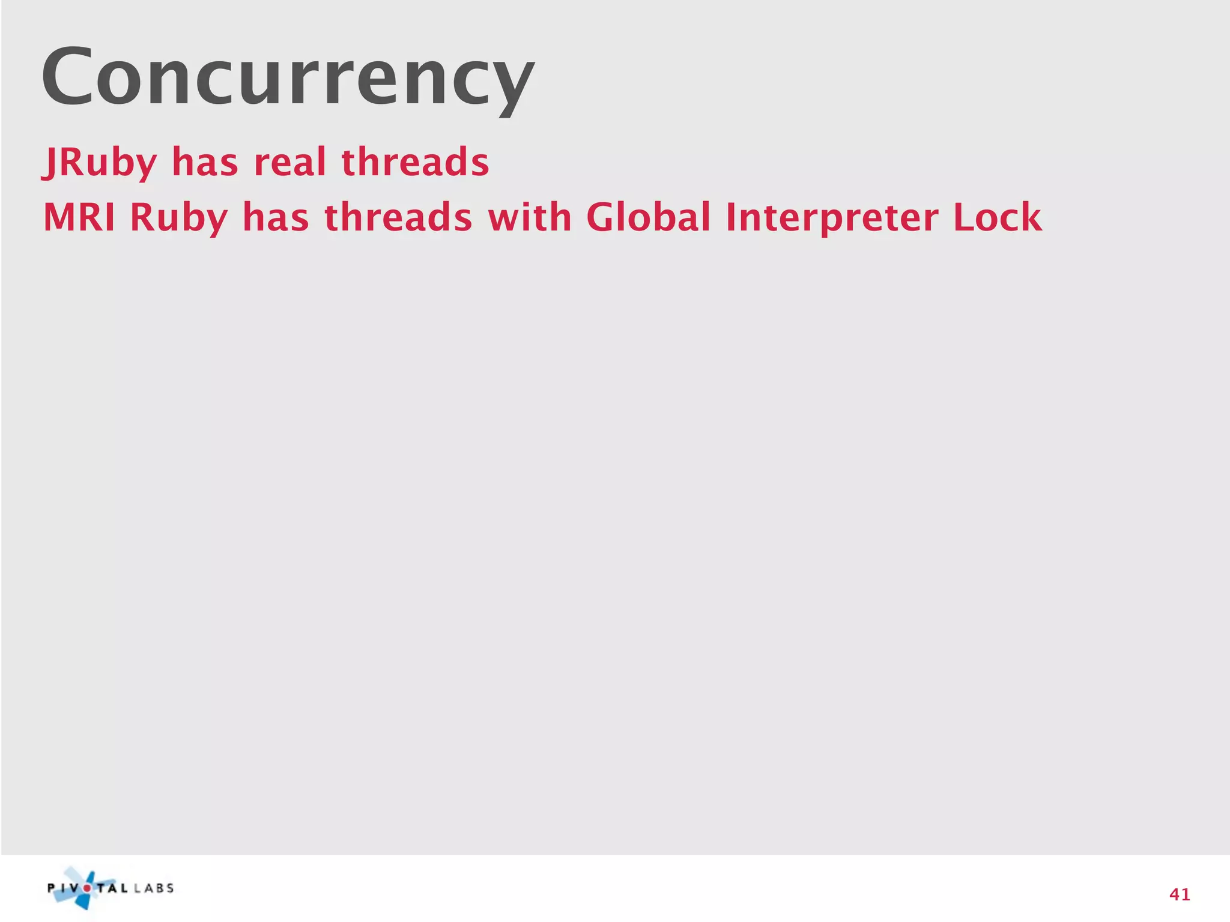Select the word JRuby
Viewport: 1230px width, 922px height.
pyautogui.click(x=100, y=163)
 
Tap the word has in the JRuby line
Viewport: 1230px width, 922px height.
pyautogui.click(x=205, y=163)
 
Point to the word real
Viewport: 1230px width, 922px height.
pyautogui.click(x=290, y=163)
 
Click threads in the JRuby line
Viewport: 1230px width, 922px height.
pyautogui.click(x=415, y=163)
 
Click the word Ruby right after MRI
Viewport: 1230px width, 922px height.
pyautogui.click(x=179, y=218)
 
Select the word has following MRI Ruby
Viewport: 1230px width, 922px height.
pyautogui.click(x=276, y=217)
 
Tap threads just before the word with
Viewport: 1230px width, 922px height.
pyautogui.click(x=398, y=217)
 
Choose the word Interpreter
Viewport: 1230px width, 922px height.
pyautogui.click(x=832, y=218)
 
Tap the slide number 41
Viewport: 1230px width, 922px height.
pyautogui.click(x=1180, y=895)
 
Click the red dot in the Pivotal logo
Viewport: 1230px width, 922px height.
pyautogui.click(x=88, y=888)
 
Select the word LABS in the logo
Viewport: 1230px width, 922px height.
pyautogui.click(x=154, y=888)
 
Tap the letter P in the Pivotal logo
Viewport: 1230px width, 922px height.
pyautogui.click(x=52, y=888)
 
